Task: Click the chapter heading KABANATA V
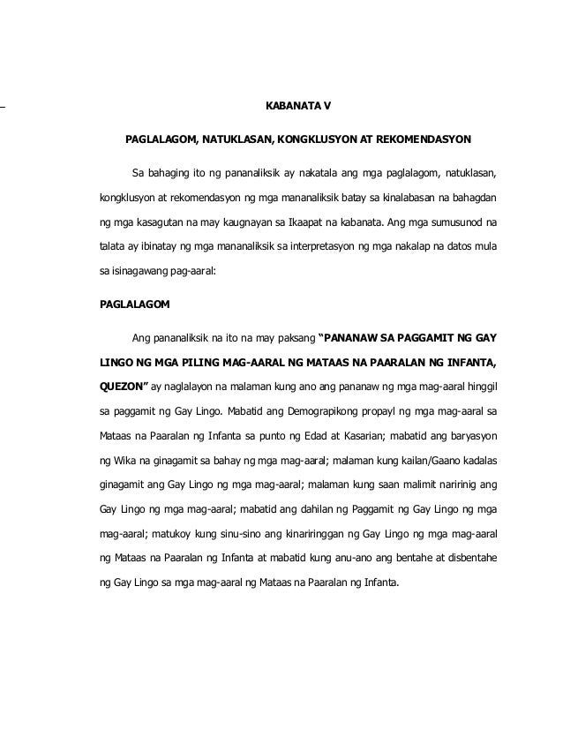298,109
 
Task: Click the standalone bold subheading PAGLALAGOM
137,304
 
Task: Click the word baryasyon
472,435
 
